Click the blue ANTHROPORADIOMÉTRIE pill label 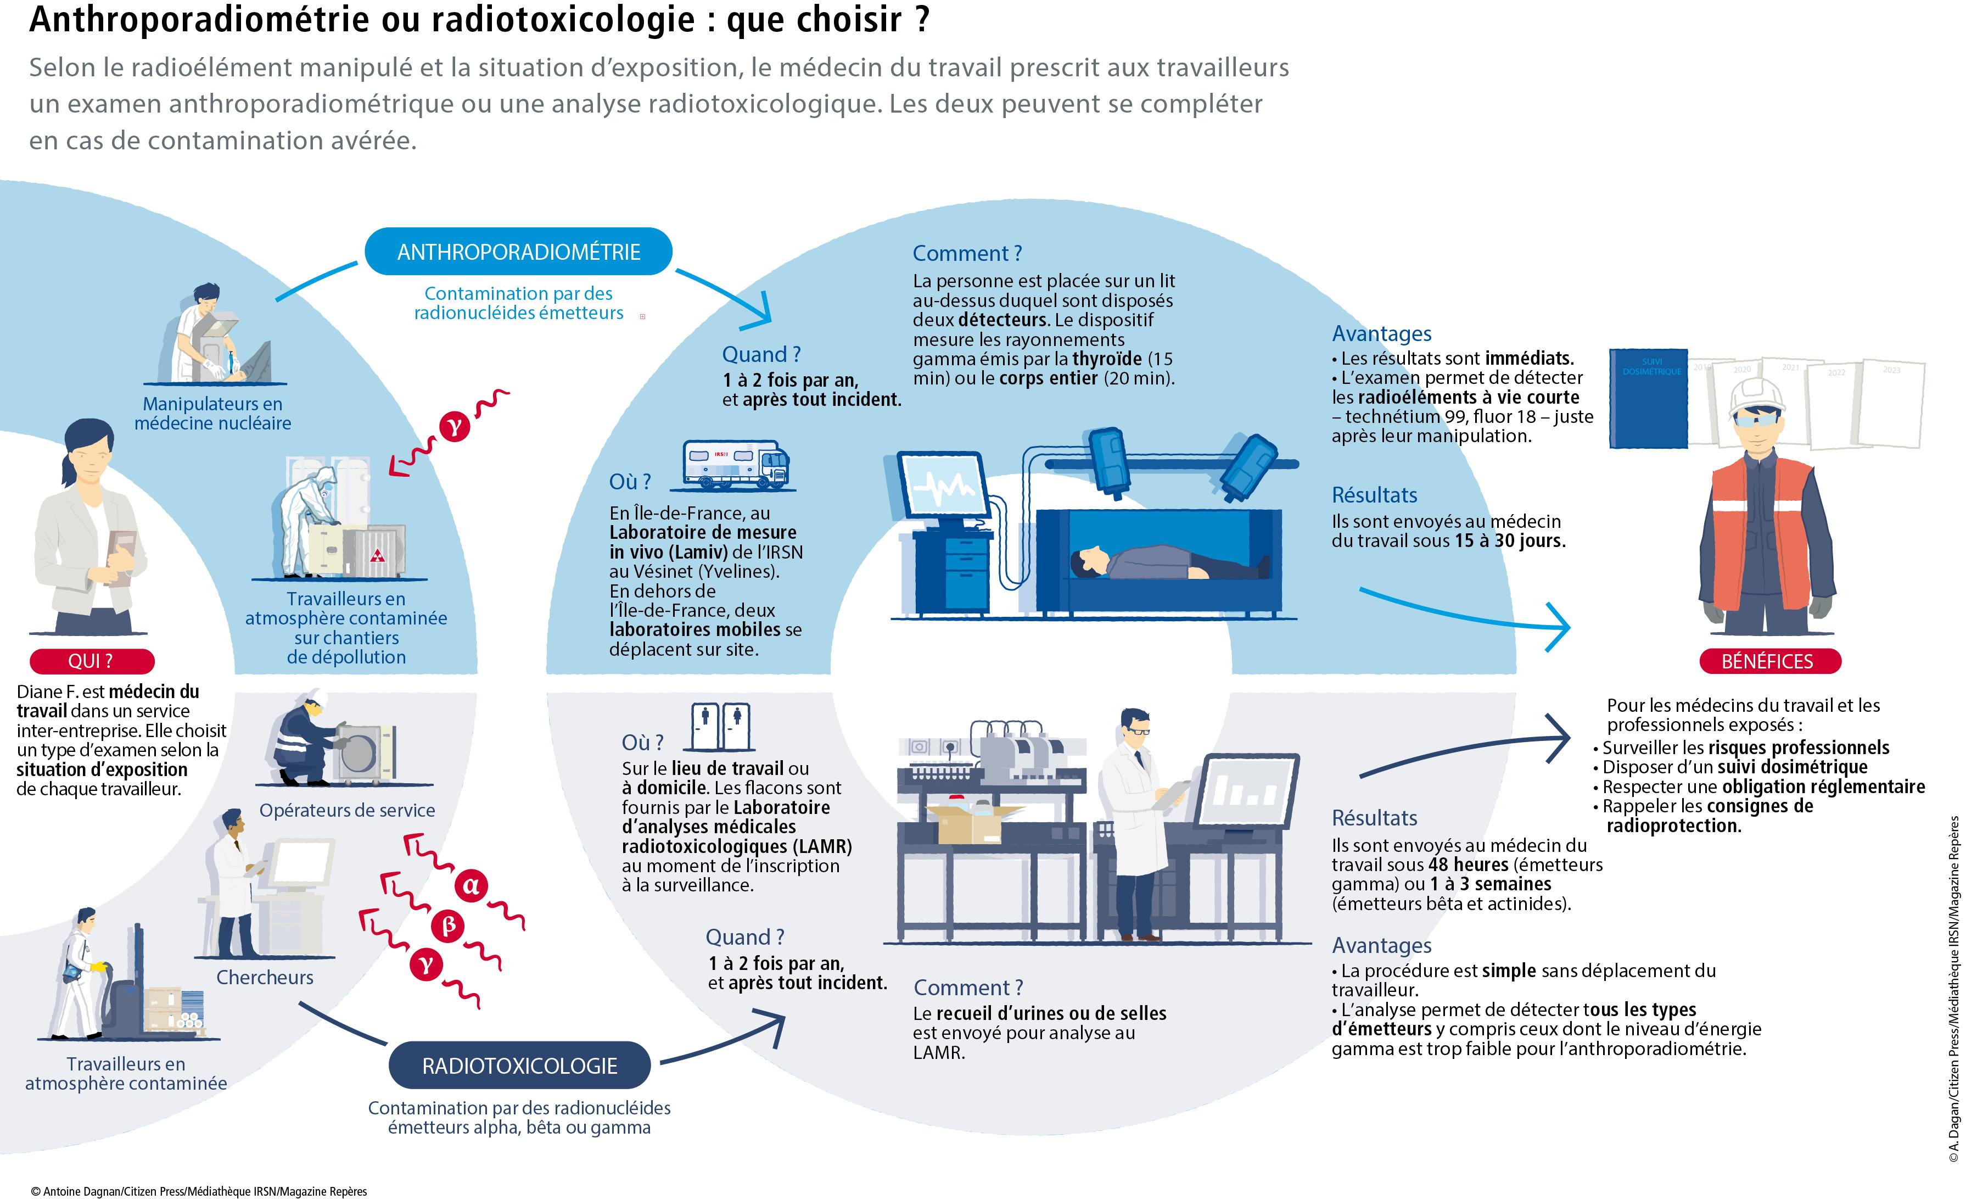pos(519,252)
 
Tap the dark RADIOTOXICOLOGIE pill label pos(519,1066)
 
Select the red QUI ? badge pos(91,661)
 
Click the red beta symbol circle pos(449,926)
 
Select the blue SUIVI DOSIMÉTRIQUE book pos(1649,398)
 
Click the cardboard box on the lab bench pos(970,822)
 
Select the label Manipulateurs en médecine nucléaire pos(213,414)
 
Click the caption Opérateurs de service pos(347,810)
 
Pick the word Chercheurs pos(265,977)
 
